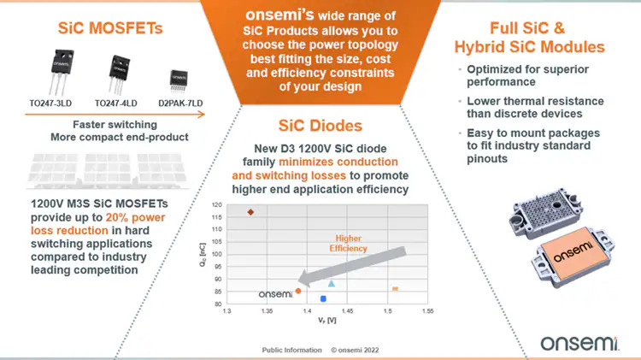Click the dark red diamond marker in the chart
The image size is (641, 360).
tap(250, 212)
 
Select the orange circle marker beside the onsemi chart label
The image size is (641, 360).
tap(298, 292)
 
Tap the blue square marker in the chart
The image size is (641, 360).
tap(323, 299)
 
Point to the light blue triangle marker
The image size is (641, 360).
tap(332, 284)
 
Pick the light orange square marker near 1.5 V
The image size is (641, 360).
tap(395, 289)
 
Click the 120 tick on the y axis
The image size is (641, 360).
tap(217, 205)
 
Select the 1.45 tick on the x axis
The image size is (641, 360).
tap(347, 311)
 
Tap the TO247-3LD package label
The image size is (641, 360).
tap(50, 103)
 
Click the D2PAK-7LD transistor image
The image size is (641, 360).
tap(179, 80)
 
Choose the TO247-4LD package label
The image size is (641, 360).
tap(115, 103)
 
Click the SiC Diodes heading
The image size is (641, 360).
tap(320, 126)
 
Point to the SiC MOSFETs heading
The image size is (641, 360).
tap(110, 28)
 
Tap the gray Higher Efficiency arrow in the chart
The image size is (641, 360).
tap(352, 266)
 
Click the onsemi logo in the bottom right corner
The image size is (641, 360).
tap(579, 343)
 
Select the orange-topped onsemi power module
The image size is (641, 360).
tap(573, 256)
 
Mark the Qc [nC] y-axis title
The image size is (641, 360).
tap(203, 255)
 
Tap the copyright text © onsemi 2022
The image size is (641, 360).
tap(355, 351)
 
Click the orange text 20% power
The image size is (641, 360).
tap(135, 217)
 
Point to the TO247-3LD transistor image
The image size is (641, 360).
tap(61, 72)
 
